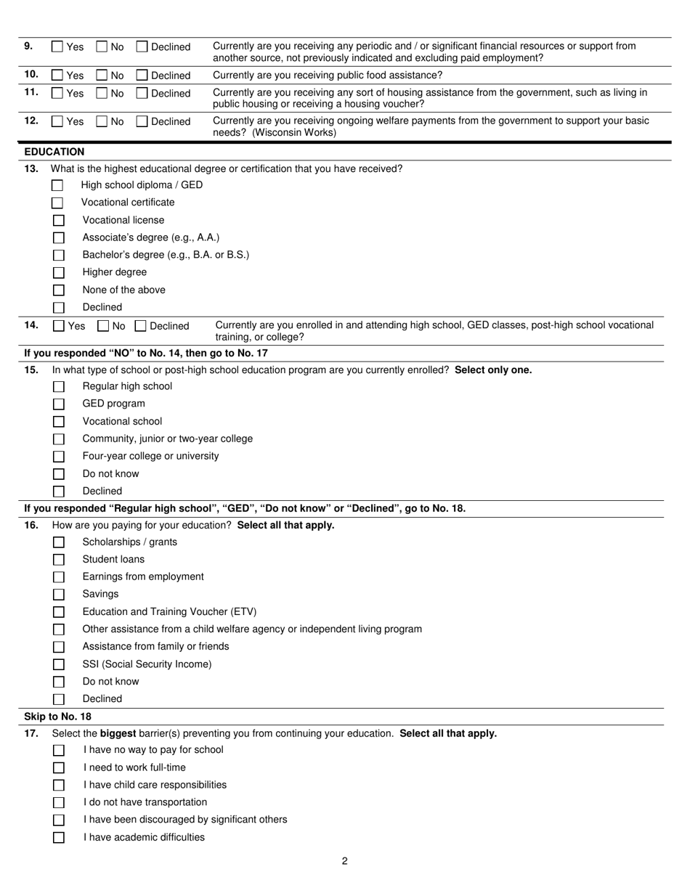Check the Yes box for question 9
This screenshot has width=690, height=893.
pyautogui.click(x=57, y=47)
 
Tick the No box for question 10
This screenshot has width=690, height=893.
pyautogui.click(x=102, y=76)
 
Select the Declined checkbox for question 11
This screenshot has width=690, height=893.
pyautogui.click(x=142, y=94)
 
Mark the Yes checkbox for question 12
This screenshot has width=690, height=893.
pyautogui.click(x=57, y=122)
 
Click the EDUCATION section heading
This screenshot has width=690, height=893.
pyautogui.click(x=54, y=152)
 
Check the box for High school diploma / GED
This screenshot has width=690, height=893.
pyautogui.click(x=57, y=186)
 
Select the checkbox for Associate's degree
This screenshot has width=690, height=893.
pyautogui.click(x=59, y=238)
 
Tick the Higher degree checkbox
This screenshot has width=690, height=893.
pyautogui.click(x=59, y=273)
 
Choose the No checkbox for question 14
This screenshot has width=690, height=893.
pyautogui.click(x=103, y=327)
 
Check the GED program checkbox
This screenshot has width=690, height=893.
pyautogui.click(x=59, y=404)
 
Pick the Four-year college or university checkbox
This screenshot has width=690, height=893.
pyautogui.click(x=59, y=457)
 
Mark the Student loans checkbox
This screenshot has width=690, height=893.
pyautogui.click(x=59, y=560)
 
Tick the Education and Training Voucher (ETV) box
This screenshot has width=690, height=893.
pyautogui.click(x=59, y=612)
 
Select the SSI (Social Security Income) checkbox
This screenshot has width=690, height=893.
pyautogui.click(x=59, y=664)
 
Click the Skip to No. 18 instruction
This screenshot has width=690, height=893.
pyautogui.click(x=58, y=717)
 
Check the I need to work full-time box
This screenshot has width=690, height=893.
pyautogui.click(x=59, y=768)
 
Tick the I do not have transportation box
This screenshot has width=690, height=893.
pyautogui.click(x=59, y=803)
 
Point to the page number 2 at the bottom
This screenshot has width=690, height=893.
pyautogui.click(x=345, y=861)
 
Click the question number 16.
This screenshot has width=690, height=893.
pyautogui.click(x=31, y=525)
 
